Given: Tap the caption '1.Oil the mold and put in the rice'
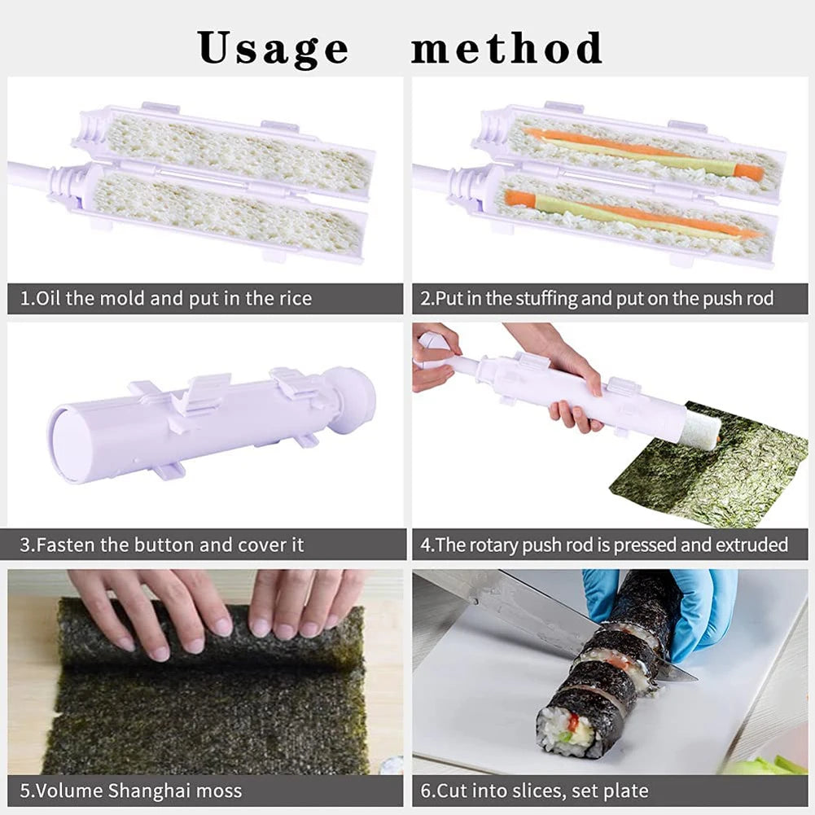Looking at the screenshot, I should (x=165, y=299).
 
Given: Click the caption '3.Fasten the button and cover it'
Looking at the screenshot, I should (x=161, y=545).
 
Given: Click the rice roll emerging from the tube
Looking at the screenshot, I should (x=699, y=429).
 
